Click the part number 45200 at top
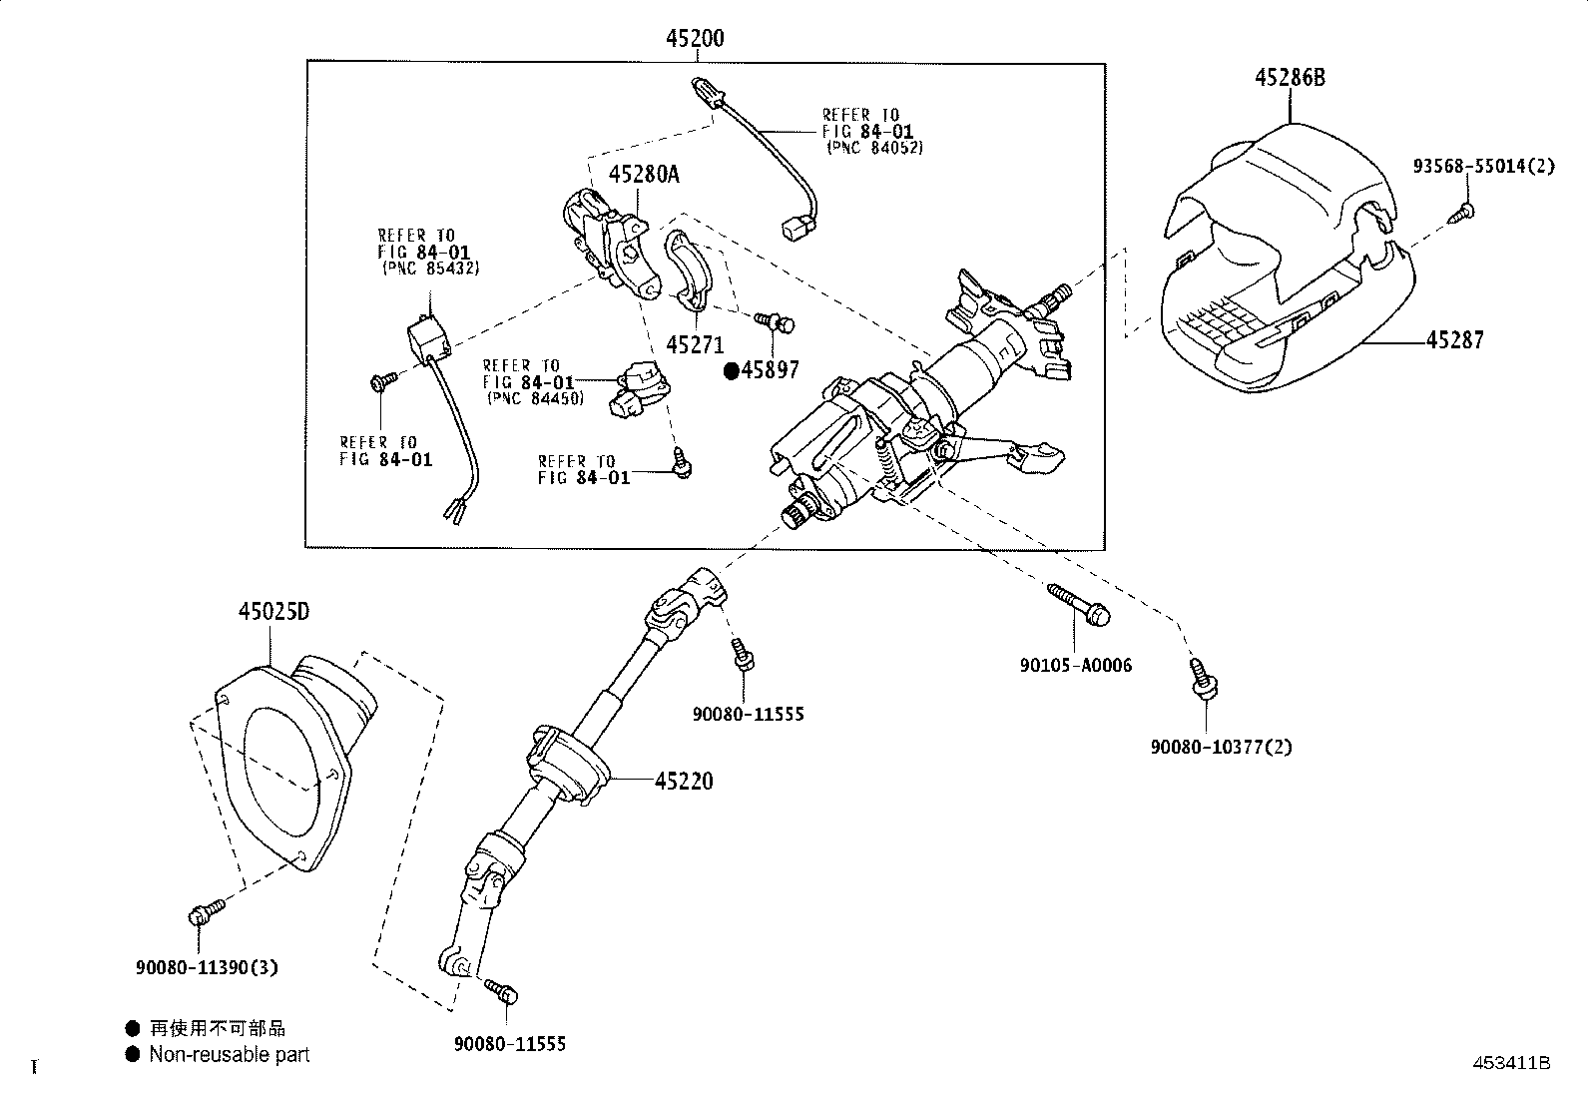point(695,39)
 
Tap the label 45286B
point(1291,78)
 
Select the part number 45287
point(1454,340)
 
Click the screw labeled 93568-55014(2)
point(1467,211)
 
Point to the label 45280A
point(644,175)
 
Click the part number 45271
point(695,345)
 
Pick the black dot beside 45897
point(731,371)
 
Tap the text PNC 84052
point(874,148)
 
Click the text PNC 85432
point(431,269)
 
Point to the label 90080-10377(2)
point(1220,747)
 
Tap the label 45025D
point(273,611)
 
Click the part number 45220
point(684,782)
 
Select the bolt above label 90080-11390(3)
point(200,913)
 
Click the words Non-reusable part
point(230,1054)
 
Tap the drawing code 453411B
point(1513,1064)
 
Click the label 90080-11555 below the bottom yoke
point(509,1044)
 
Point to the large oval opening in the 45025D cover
point(284,774)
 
